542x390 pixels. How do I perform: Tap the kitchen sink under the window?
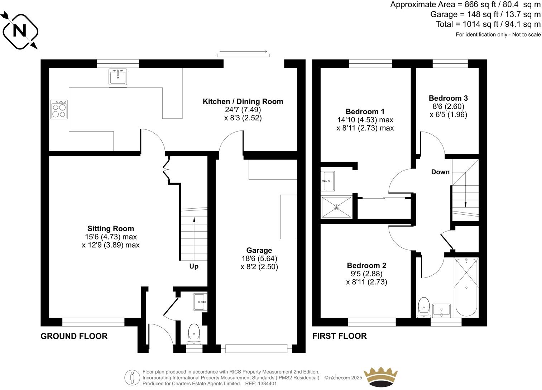tap(118, 77)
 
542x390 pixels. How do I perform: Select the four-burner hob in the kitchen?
tap(59, 109)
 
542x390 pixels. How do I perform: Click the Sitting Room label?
tap(111, 229)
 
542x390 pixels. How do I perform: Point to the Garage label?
tap(259, 251)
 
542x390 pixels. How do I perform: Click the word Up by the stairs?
tap(194, 266)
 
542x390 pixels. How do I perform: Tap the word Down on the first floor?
tap(440, 172)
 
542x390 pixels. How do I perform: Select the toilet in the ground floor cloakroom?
tap(194, 333)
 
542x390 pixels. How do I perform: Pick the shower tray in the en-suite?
tap(336, 207)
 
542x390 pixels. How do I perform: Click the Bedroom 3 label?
tap(448, 98)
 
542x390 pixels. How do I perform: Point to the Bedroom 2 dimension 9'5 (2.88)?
tap(366, 274)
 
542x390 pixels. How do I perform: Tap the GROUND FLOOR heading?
tap(74, 336)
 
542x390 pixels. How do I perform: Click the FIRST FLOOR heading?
tap(339, 336)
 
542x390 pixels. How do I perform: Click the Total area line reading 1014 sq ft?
tap(488, 24)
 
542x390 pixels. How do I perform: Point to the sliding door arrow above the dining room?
tap(243, 53)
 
